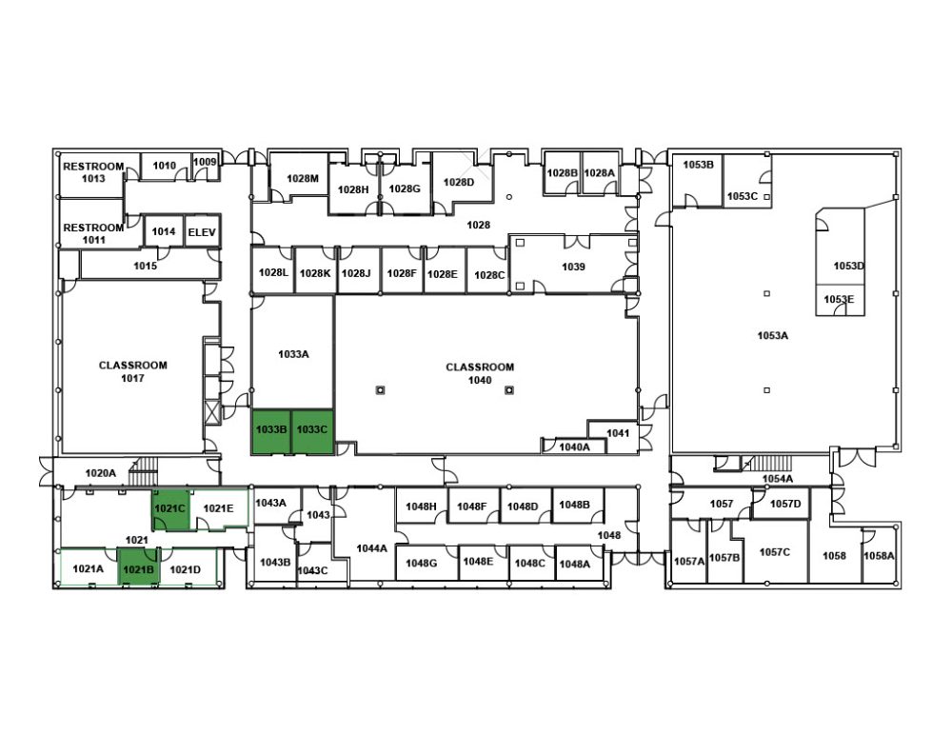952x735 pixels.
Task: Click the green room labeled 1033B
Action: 271,432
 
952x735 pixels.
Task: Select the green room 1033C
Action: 312,432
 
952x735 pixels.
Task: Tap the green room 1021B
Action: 138,566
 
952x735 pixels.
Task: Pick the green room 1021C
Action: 170,510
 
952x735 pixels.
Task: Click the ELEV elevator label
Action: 202,232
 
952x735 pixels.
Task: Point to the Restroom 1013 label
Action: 93,172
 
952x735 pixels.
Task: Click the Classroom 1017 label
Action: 133,371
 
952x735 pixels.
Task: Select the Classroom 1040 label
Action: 480,373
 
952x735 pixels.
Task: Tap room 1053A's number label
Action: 772,335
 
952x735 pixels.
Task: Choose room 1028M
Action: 302,177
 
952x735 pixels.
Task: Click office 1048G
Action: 422,563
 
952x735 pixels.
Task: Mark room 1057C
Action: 775,551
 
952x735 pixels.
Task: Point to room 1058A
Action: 879,556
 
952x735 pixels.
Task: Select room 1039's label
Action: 573,267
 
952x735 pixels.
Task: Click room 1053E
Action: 840,300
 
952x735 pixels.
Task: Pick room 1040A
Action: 574,447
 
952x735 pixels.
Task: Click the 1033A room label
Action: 293,353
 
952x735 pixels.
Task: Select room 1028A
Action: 600,172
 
